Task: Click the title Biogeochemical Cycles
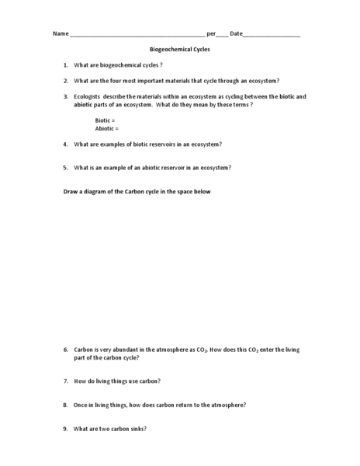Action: (x=179, y=49)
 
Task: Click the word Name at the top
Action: (x=60, y=34)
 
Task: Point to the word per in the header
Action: (x=211, y=34)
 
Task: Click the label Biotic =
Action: (x=105, y=120)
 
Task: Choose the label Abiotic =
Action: (x=106, y=128)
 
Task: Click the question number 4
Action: (x=65, y=144)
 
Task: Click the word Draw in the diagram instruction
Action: (x=70, y=191)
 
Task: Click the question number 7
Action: (x=65, y=381)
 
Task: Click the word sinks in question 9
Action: (x=137, y=429)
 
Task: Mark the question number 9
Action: (x=65, y=429)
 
